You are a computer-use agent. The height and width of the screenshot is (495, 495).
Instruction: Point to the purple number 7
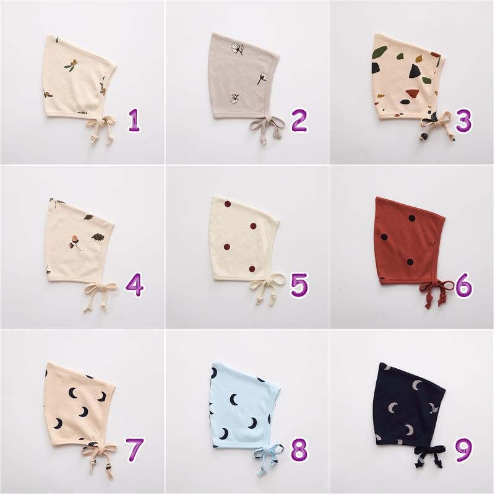(134, 450)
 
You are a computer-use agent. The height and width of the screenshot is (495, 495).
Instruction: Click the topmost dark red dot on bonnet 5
(228, 204)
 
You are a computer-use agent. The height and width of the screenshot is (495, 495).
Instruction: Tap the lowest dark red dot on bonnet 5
(252, 269)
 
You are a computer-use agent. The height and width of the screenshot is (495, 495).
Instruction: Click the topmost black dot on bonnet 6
(411, 218)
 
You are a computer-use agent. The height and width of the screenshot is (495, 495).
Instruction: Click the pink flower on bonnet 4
(74, 243)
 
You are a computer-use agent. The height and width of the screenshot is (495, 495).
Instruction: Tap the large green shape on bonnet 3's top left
(379, 51)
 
